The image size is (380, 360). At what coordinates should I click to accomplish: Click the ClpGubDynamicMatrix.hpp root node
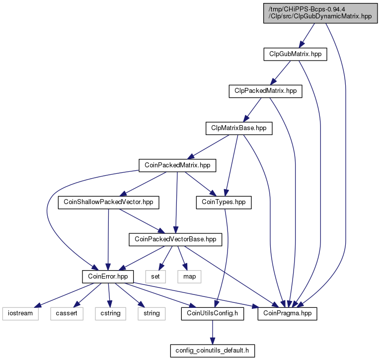320,13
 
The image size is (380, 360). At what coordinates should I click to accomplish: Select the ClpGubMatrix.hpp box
295,54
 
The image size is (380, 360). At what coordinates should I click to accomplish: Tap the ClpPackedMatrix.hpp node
265,91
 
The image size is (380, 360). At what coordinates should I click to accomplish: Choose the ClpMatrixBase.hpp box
239,128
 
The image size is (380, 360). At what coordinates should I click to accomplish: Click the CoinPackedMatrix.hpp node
177,165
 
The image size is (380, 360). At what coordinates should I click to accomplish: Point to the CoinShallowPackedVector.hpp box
108,202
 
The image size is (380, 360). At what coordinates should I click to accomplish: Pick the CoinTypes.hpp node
224,202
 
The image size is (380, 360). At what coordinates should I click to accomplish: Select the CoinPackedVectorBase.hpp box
175,239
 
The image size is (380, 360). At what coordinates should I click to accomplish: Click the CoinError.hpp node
108,277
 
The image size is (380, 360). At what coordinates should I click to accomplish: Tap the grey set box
155,277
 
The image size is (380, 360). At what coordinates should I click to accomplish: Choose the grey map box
189,277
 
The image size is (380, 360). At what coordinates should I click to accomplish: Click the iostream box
20,313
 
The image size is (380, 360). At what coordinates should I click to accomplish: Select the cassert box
67,313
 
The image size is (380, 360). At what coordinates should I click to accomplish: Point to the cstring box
110,313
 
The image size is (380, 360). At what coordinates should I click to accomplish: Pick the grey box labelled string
152,313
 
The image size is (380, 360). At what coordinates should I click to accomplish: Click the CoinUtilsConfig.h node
212,313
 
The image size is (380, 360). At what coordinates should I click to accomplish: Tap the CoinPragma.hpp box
287,313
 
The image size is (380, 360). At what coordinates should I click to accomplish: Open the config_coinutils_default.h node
212,351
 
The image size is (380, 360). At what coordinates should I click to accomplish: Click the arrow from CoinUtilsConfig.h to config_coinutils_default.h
213,332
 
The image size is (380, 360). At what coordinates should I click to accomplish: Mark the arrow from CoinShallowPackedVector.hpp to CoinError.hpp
108,239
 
